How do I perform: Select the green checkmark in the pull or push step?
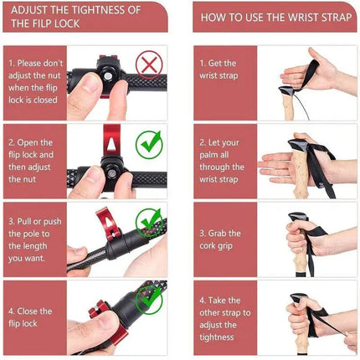pos(150,222)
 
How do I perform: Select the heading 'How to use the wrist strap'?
pos(269,16)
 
